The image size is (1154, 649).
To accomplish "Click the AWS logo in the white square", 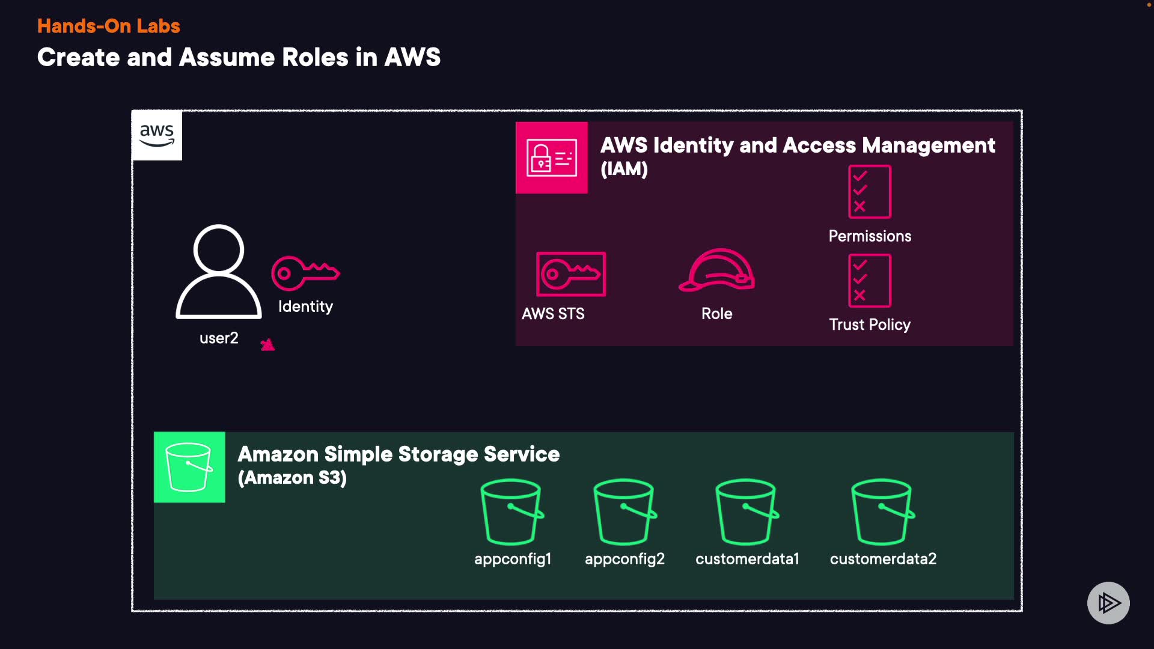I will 157,135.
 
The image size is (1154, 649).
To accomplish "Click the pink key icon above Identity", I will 305,273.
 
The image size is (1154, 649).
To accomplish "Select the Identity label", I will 305,306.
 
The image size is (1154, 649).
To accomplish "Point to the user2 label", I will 219,338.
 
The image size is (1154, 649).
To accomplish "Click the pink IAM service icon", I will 552,157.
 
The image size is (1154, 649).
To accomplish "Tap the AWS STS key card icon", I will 571,274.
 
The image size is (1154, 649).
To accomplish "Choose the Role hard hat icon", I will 717,270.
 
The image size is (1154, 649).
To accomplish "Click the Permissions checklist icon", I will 870,192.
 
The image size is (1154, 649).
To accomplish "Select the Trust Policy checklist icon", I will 870,281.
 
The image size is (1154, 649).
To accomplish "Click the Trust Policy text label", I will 870,324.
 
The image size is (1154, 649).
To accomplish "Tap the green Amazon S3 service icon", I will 189,467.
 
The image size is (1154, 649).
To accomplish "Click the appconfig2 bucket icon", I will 624,512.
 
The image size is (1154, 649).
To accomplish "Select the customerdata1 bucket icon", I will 746,512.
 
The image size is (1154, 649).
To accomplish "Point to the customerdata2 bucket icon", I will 882,512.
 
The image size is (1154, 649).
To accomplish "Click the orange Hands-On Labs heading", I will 109,26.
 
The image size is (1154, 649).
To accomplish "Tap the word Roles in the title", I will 315,58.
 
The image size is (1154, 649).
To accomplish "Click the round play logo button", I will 1108,603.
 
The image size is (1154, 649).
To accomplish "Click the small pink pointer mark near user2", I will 267,344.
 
